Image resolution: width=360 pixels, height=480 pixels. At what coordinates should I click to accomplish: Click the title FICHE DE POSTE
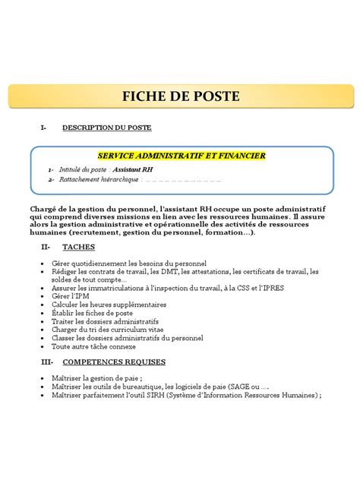(181, 96)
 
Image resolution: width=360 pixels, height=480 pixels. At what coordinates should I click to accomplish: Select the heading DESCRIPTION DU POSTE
(106, 127)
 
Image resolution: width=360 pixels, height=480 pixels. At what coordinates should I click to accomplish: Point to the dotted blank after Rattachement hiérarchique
(183, 180)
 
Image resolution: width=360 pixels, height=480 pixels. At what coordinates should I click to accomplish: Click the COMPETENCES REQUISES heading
(113, 362)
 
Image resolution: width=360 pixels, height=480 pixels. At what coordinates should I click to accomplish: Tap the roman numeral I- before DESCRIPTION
(43, 127)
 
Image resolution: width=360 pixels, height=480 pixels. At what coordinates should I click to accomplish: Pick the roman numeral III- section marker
(47, 362)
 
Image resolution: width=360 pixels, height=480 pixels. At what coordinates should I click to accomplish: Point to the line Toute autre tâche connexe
(93, 346)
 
